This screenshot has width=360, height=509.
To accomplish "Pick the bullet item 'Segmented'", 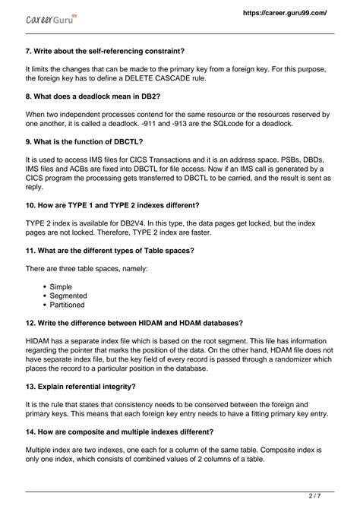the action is click(68, 296).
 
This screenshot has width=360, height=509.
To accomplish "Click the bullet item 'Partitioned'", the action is click(69, 305).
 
